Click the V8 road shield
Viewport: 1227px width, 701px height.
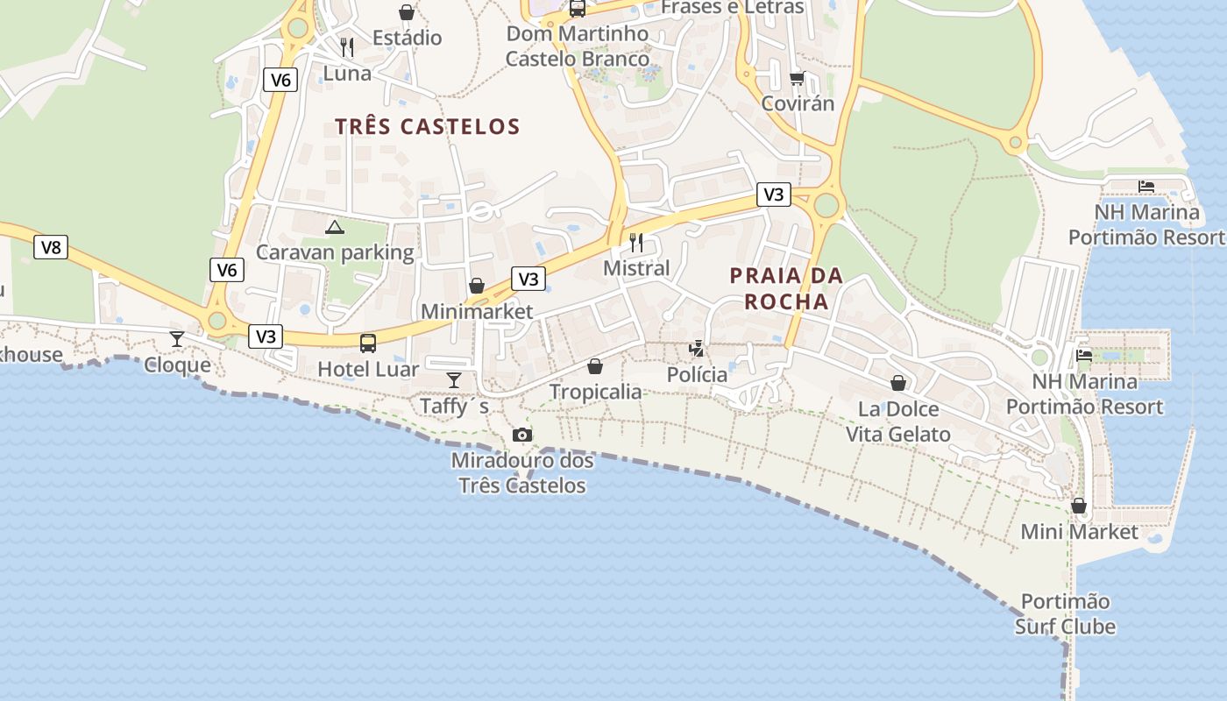coord(52,247)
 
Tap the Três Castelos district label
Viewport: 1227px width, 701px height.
coord(428,126)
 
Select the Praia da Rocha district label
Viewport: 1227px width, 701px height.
coord(786,288)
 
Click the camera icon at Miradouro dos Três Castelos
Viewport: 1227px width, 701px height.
coord(522,435)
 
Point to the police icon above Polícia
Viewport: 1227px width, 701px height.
coord(697,349)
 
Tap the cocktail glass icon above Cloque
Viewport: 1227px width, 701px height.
coord(177,338)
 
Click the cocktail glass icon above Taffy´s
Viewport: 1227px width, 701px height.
coord(454,379)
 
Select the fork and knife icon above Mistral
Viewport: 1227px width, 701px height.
coord(636,242)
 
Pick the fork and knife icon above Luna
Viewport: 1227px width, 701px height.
coord(347,46)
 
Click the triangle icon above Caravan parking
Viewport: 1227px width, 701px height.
coord(334,228)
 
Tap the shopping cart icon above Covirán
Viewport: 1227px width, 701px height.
coord(797,78)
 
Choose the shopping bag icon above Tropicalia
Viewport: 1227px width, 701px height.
coord(595,365)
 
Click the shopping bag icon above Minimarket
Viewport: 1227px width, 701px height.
coord(477,286)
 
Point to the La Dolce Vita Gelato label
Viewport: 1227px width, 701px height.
coord(897,421)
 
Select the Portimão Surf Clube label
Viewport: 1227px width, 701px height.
coord(1065,613)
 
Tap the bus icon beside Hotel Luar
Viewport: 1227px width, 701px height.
coord(368,343)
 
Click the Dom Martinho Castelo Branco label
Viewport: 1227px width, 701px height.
coord(578,46)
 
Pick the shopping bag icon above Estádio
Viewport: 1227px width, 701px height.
coord(407,11)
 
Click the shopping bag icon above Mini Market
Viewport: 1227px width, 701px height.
coord(1079,506)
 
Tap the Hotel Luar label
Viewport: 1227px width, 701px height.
coord(368,369)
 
